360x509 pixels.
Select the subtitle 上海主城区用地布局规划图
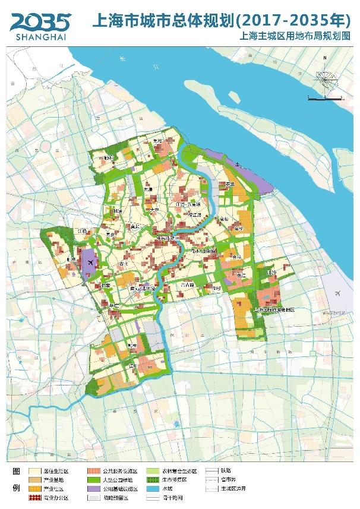click(290, 37)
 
